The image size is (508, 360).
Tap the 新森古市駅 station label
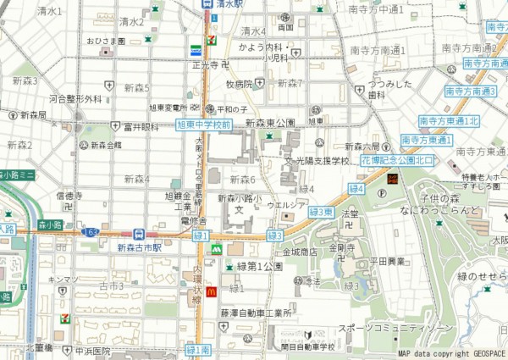click(140, 247)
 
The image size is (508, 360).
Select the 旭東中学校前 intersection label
click(203, 125)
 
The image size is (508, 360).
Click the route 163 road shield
click(90, 230)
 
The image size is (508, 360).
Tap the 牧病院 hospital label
click(239, 84)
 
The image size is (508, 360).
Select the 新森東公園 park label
click(269, 123)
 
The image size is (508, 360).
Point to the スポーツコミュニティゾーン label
click(395, 328)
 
